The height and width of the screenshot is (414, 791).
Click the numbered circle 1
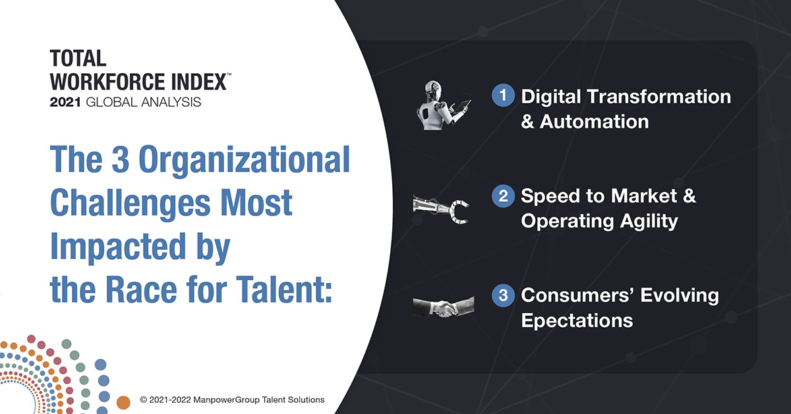coord(503,96)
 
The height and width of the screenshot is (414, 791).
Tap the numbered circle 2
coord(503,195)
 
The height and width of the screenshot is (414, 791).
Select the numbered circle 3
coord(503,295)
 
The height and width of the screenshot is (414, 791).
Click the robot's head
coord(433,89)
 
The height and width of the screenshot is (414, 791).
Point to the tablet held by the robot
coord(463,106)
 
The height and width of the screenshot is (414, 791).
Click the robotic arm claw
coord(459,212)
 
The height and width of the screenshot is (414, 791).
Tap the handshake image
coord(444,307)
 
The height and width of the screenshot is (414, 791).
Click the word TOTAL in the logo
coord(78,58)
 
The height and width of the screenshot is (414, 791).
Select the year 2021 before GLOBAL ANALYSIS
coord(65,102)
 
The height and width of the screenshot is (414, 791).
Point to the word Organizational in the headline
coord(244,160)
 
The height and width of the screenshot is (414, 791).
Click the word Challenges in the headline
coord(131,204)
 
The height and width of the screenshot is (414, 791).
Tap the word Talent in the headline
coord(284,289)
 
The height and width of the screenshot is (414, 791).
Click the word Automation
coord(595,121)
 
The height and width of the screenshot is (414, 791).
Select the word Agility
coord(649,222)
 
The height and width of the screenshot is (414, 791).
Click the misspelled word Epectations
coord(577,321)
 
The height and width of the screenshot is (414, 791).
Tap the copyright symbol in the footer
coord(144,399)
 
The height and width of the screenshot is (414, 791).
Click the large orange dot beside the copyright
coord(123,403)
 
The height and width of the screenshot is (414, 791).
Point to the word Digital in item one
coord(551,97)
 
